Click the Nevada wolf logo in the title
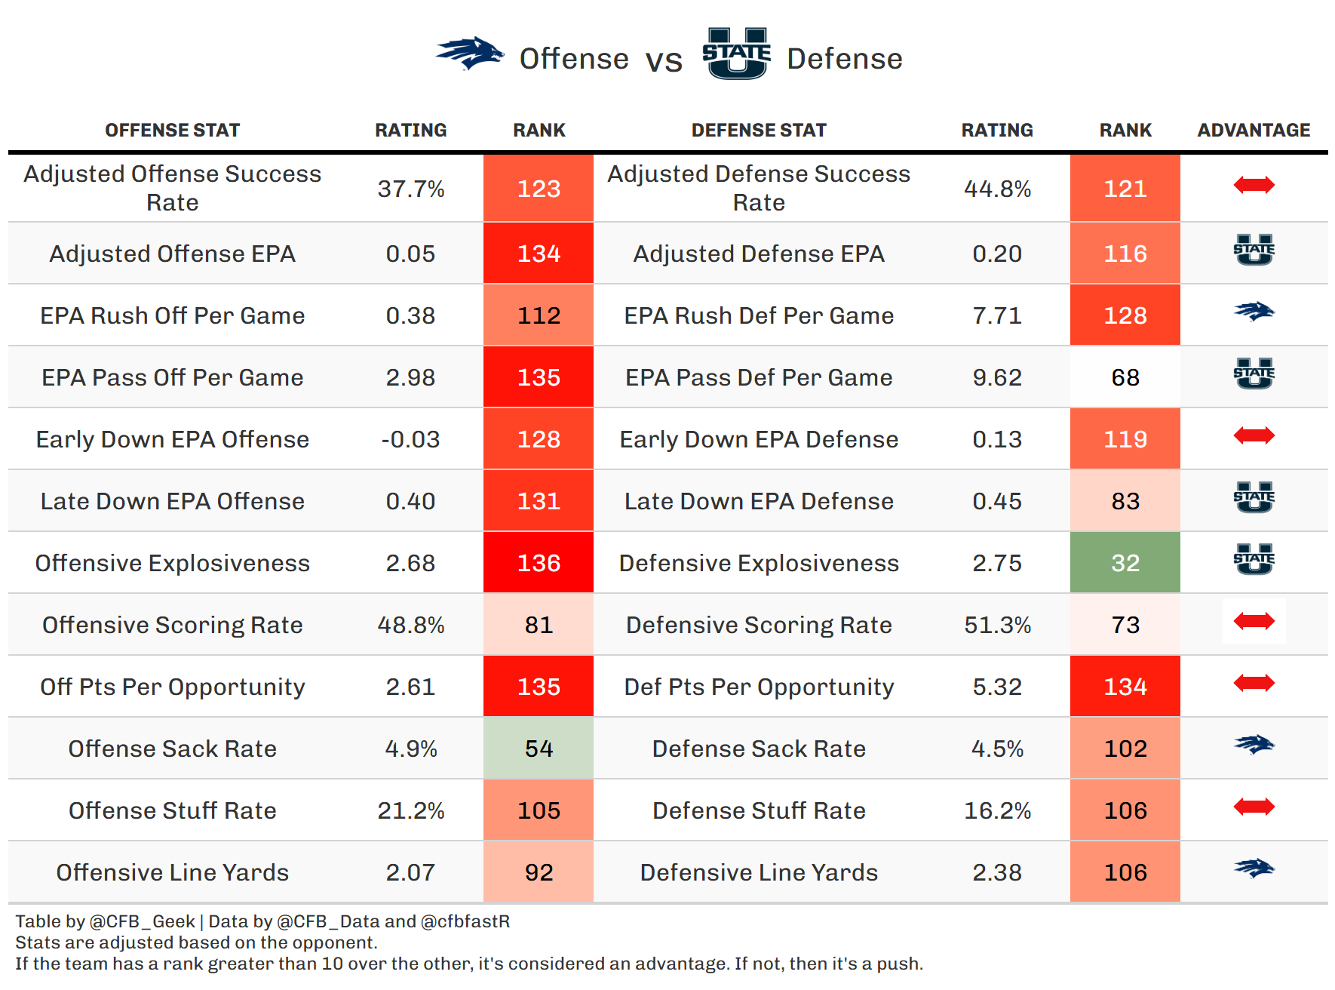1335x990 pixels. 470,54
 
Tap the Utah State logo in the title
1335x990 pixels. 736,54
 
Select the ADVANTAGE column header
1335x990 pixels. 1254,131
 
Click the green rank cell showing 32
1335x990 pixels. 1125,563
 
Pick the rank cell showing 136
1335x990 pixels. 539,563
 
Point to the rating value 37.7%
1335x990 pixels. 411,189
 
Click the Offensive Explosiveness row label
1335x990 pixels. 173,563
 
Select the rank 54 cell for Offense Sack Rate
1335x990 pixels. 539,749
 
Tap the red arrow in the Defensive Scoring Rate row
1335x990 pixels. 1254,622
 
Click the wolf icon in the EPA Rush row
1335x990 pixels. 1254,312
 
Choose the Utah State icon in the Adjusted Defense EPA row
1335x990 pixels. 1254,251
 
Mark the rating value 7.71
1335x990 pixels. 997,315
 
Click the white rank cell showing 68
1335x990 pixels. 1125,377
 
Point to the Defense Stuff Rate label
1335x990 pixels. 759,810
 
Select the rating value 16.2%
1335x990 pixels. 997,810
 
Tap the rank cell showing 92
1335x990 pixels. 539,872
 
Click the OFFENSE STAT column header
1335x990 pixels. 173,131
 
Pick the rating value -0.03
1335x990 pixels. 411,439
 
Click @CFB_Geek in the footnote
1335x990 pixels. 142,921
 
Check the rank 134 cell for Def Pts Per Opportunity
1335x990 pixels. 1125,687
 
